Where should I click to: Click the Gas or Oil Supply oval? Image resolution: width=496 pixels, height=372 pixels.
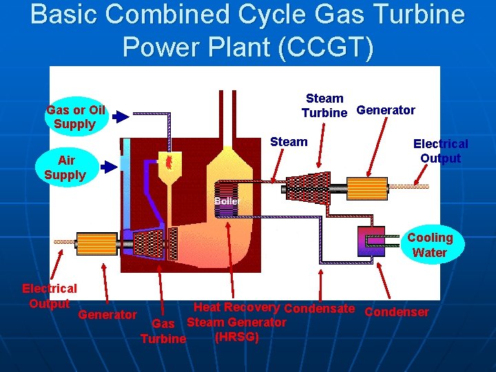tap(75, 117)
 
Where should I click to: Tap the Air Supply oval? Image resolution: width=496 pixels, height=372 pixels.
tap(65, 167)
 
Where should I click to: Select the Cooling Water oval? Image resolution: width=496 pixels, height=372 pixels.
tap(430, 245)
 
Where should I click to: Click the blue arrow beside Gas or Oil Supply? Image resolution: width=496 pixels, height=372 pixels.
tap(121, 117)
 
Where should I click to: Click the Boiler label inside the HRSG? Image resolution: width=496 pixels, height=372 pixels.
tap(226, 201)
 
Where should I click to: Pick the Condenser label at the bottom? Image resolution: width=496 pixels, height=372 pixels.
tap(396, 312)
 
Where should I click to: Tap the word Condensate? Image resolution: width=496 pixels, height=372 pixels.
tap(319, 309)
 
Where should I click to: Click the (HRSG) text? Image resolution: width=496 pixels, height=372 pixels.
tap(237, 337)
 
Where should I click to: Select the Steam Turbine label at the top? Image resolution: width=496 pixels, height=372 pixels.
tap(324, 105)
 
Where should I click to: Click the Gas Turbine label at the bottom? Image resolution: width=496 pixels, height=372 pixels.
tap(163, 331)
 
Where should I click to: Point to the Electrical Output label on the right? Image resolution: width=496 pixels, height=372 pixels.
tap(440, 151)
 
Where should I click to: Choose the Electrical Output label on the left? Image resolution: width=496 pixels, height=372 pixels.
tap(50, 296)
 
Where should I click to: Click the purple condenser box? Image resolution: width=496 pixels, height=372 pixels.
tap(371, 240)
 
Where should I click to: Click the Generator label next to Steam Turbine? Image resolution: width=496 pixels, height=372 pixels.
tap(386, 110)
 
